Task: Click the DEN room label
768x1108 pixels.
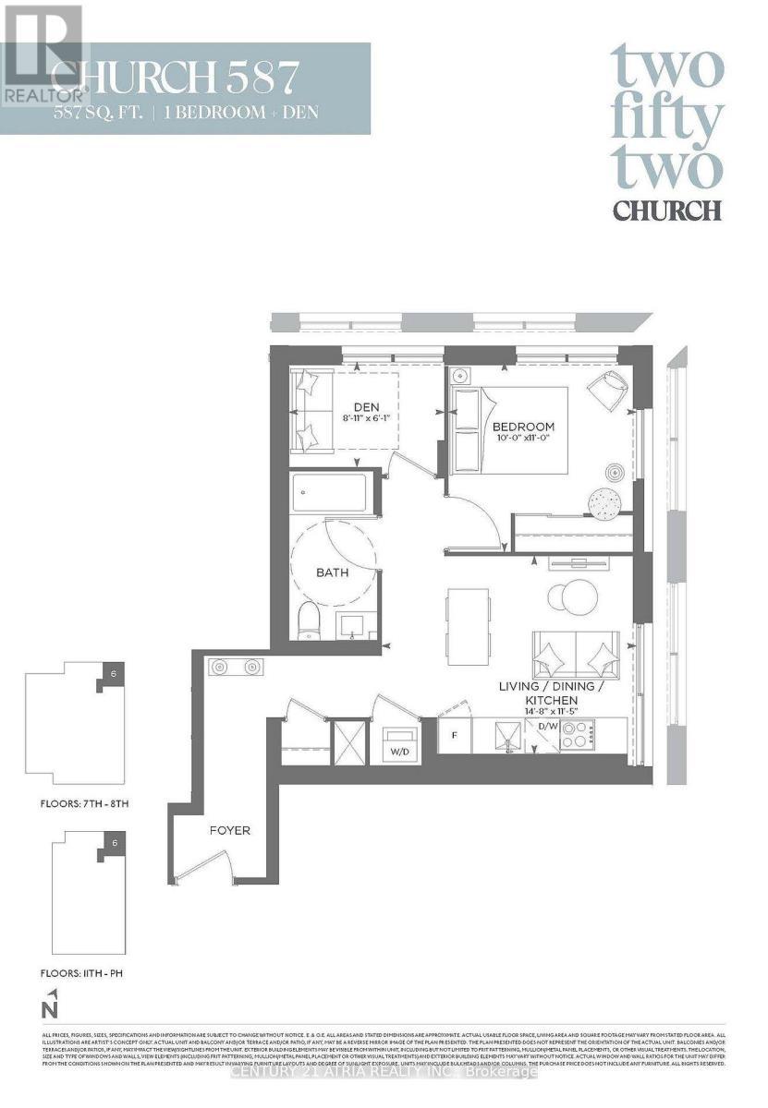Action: pos(366,405)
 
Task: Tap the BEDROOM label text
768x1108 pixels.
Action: pos(523,426)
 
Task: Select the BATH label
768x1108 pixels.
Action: pos(332,572)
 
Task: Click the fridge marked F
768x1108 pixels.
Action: pos(454,736)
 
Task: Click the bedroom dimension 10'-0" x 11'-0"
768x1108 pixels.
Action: pos(523,439)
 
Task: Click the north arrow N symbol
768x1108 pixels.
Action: pos(53,1001)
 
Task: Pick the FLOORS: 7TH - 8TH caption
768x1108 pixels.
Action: pos(79,804)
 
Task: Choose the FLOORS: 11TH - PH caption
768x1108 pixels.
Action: pos(78,973)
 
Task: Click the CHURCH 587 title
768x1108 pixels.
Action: pos(176,77)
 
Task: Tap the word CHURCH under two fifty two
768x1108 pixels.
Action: pos(666,209)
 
